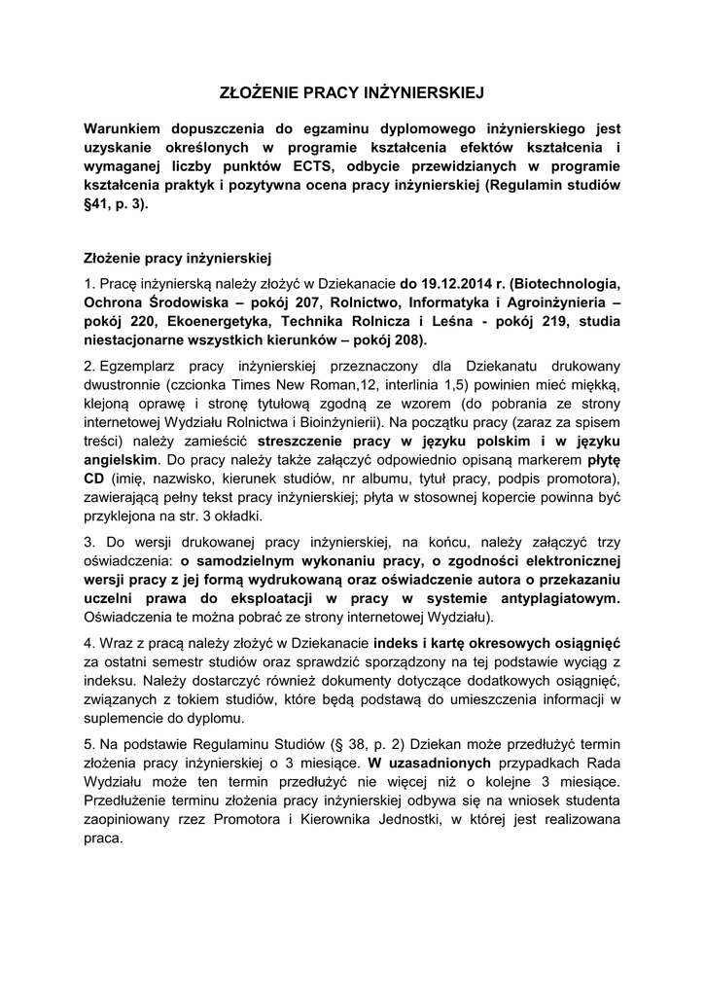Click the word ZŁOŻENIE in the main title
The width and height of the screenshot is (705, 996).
[256, 93]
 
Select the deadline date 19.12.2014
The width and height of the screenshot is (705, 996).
[456, 285]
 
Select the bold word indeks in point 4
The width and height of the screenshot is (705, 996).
[400, 644]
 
